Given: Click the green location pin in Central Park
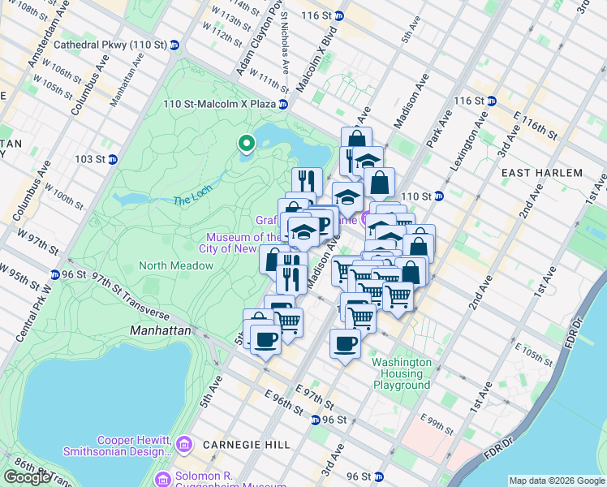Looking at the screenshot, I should [x=246, y=144].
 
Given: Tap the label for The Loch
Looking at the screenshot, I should [x=192, y=200].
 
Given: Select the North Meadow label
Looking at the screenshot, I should [x=176, y=265].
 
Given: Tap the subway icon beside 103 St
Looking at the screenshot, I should [x=113, y=160].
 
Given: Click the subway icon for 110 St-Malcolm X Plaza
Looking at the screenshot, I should [x=282, y=104].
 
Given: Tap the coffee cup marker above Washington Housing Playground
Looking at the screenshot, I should [x=345, y=343].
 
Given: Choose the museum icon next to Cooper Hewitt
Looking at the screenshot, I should [x=184, y=444].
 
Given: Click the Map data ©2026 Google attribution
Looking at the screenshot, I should [x=556, y=481].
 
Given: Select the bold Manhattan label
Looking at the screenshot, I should [x=161, y=331].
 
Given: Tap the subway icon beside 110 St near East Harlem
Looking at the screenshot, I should [x=438, y=196].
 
